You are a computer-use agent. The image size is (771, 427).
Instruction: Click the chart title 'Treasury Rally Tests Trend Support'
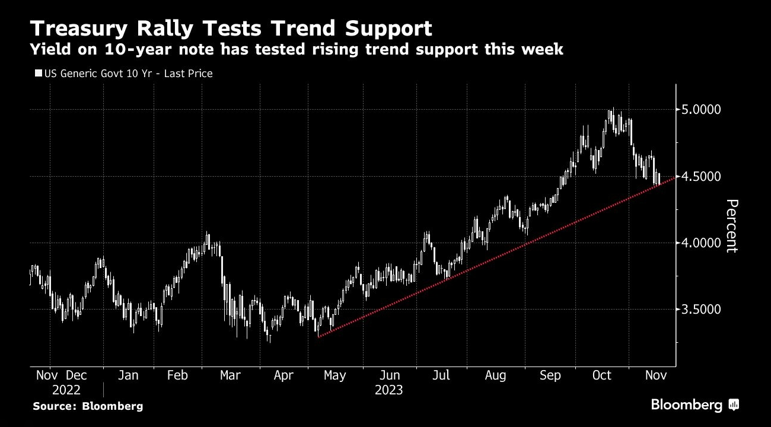(231, 28)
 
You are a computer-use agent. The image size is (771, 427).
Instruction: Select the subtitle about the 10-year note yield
(297, 50)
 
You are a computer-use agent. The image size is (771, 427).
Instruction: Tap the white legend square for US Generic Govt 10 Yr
(39, 74)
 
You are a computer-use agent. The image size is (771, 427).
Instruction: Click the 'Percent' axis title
(731, 226)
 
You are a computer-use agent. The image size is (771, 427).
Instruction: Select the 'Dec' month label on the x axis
(76, 375)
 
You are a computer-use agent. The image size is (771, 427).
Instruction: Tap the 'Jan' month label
(128, 375)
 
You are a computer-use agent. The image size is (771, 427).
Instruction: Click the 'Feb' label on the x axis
(177, 375)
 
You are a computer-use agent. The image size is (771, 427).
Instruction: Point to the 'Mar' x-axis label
(230, 375)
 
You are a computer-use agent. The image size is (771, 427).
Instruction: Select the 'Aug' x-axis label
(495, 375)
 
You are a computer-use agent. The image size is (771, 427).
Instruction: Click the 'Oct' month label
(602, 375)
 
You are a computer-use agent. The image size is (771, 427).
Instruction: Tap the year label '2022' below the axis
(66, 390)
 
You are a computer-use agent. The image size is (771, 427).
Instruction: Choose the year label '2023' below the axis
(388, 390)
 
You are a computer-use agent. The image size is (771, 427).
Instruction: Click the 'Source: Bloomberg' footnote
(88, 406)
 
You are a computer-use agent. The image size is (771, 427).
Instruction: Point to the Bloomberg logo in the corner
(694, 405)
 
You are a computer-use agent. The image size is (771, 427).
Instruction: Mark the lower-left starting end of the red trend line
(318, 337)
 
